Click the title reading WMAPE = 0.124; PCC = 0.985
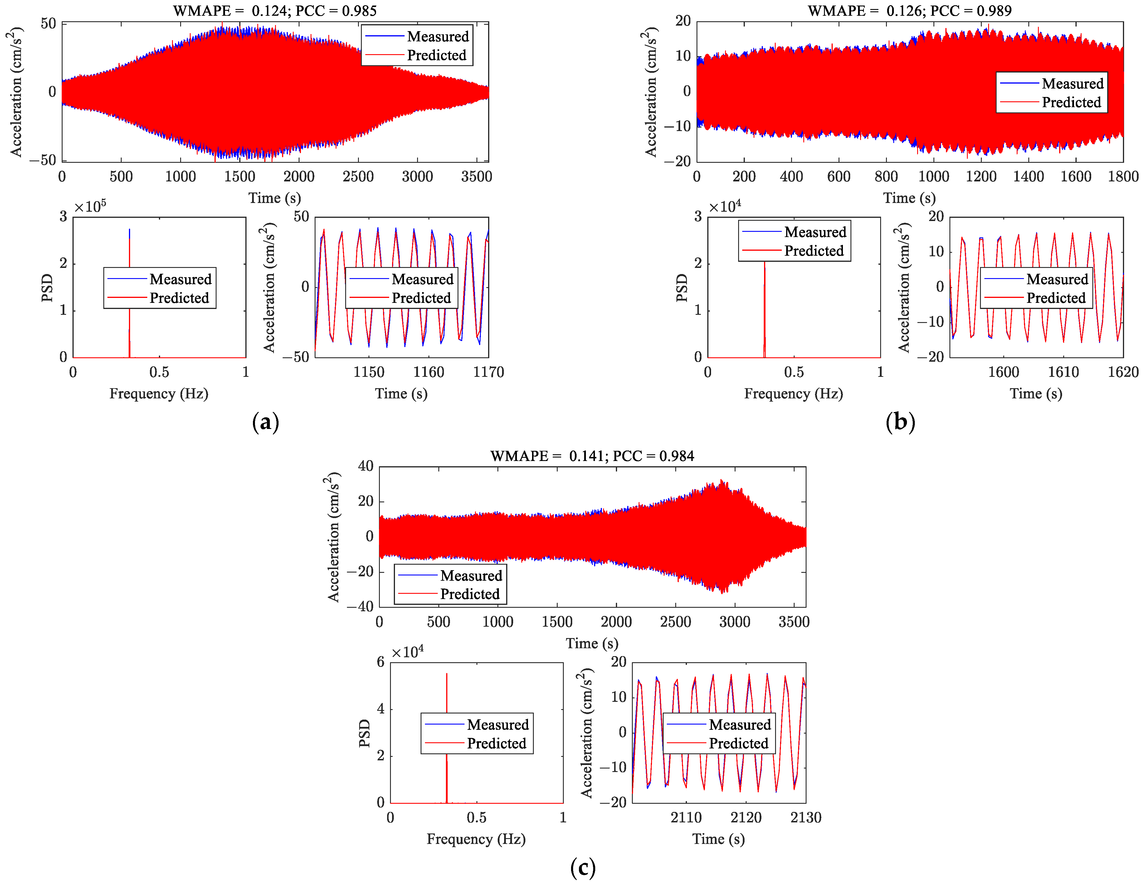pos(275,10)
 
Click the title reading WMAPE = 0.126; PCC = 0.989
pos(910,10)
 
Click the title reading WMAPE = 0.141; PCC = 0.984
pos(592,455)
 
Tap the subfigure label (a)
pos(265,422)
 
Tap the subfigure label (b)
pos(900,422)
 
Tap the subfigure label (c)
pos(582,868)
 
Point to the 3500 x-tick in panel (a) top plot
pos(476,176)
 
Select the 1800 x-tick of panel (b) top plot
pos(1123,176)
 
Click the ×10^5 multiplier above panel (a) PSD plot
pos(90,207)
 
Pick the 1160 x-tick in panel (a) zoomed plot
pos(429,372)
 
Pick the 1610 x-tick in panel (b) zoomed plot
pos(1063,372)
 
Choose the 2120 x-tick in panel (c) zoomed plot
pos(746,817)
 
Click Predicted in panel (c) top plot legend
pos(469,594)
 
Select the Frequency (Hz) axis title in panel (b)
pos(793,394)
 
